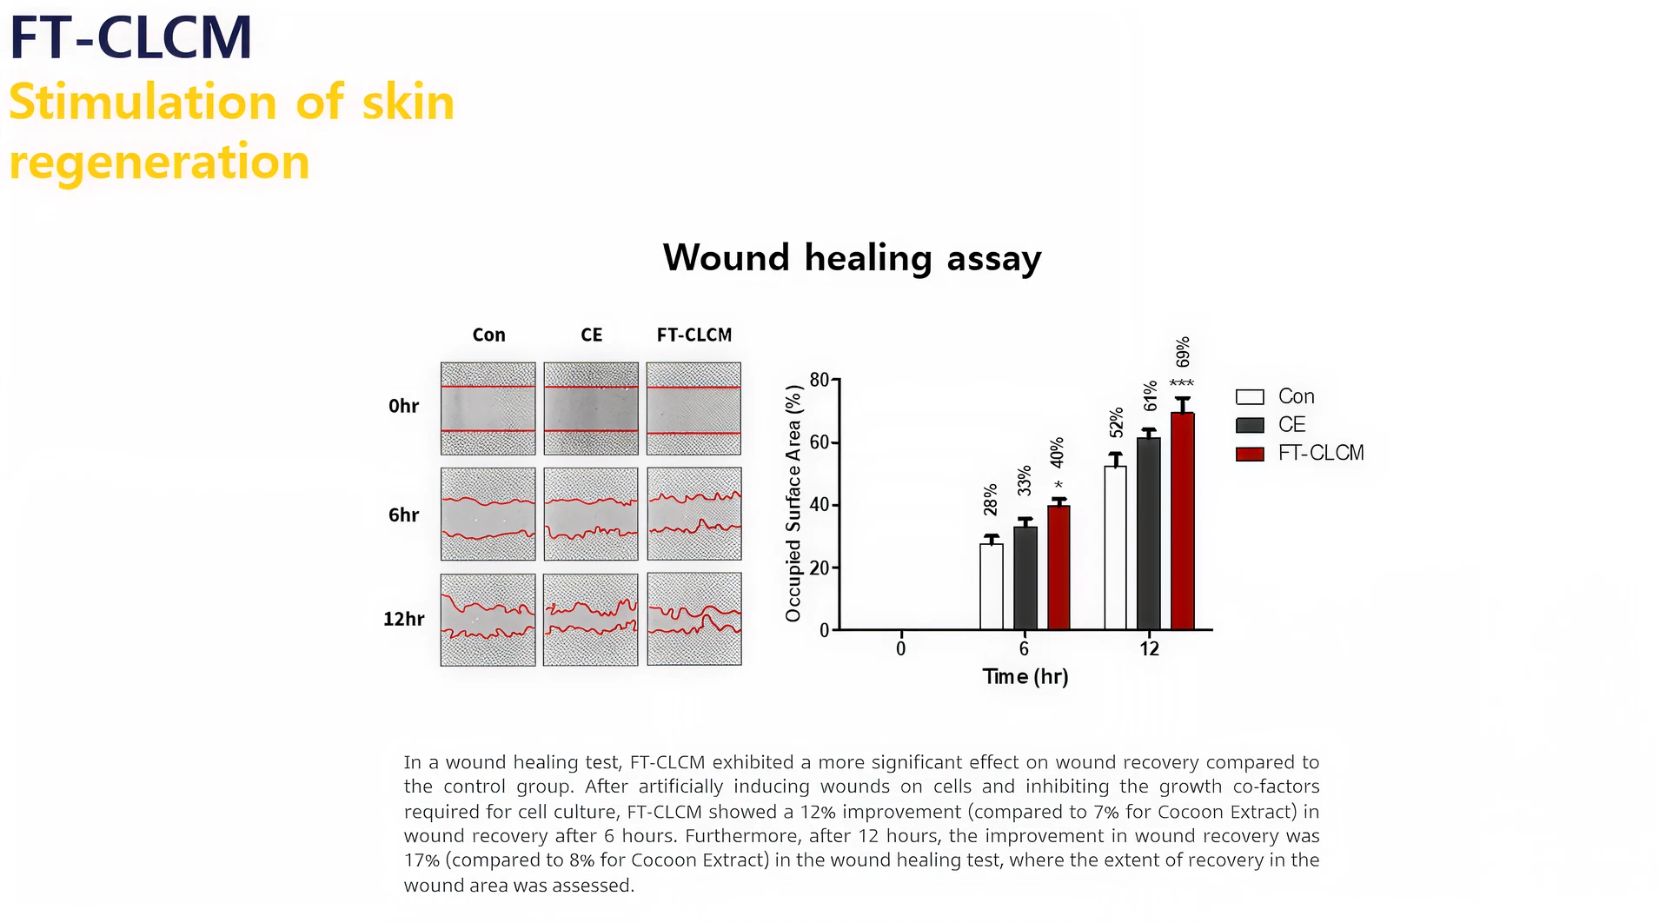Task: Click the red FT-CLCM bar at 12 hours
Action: pyautogui.click(x=1182, y=521)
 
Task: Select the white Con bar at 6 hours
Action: pyautogui.click(x=991, y=586)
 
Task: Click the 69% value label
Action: pyautogui.click(x=1183, y=352)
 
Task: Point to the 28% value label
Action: pyautogui.click(x=991, y=500)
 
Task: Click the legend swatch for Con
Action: pyautogui.click(x=1250, y=397)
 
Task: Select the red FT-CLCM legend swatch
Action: pyautogui.click(x=1250, y=454)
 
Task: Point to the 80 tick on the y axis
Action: pyautogui.click(x=819, y=380)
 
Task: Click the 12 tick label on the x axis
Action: pyautogui.click(x=1149, y=649)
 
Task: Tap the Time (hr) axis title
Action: pyautogui.click(x=1025, y=676)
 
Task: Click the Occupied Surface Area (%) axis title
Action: pyautogui.click(x=793, y=504)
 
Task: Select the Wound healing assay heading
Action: pyautogui.click(x=852, y=258)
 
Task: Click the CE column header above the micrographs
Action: pyautogui.click(x=591, y=335)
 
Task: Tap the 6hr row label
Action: pyautogui.click(x=403, y=515)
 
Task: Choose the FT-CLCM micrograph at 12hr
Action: pyautogui.click(x=693, y=620)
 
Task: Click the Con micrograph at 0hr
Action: pyautogui.click(x=488, y=408)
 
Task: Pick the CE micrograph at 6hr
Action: pyautogui.click(x=591, y=515)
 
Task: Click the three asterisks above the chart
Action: pyautogui.click(x=1182, y=383)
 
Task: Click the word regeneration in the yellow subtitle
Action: pyautogui.click(x=159, y=163)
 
